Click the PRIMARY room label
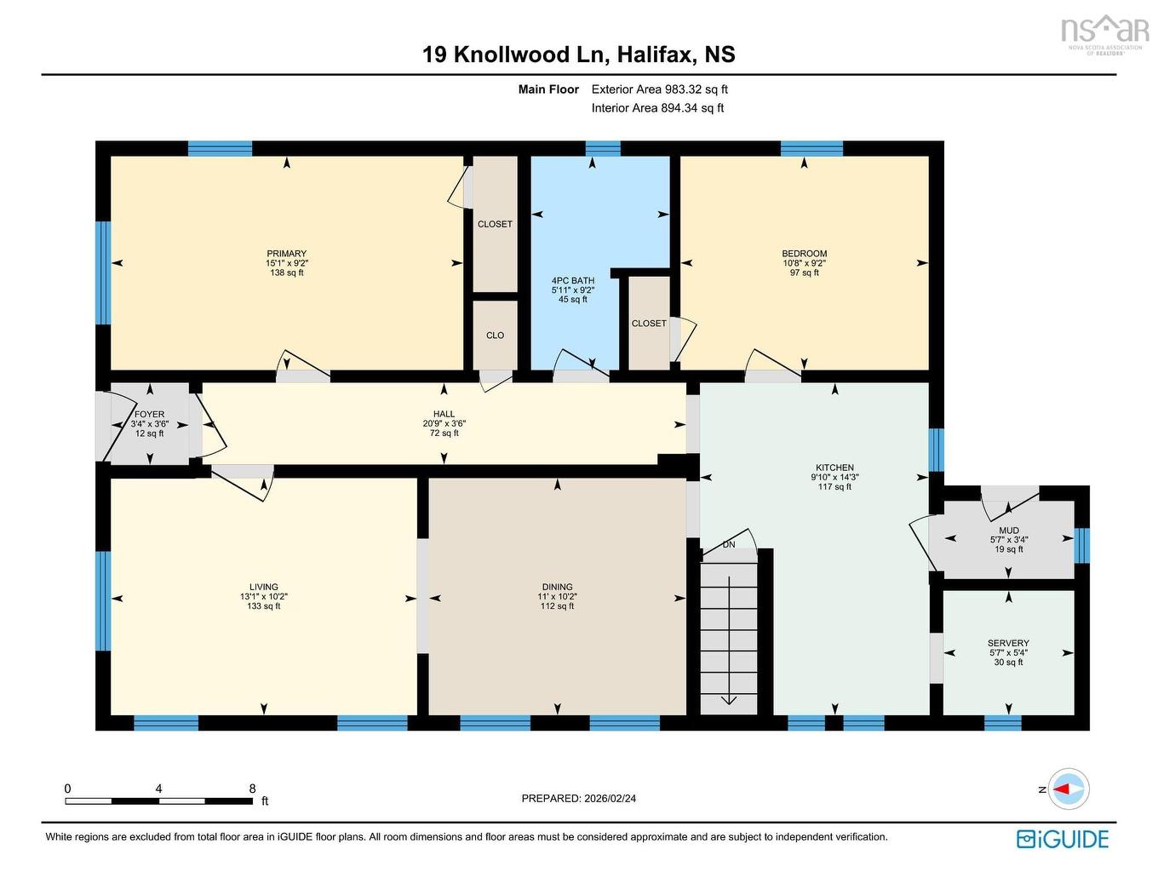[x=286, y=254]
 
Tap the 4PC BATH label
[x=572, y=281]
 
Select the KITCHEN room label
[x=834, y=468]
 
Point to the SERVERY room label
[x=1008, y=643]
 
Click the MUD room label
[x=1009, y=531]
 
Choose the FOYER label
[x=149, y=415]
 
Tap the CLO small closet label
[x=495, y=336]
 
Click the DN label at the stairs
[x=729, y=545]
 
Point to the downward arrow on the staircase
[x=729, y=699]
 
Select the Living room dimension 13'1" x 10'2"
[x=263, y=597]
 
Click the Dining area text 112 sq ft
[x=557, y=606]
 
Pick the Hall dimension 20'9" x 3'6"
[x=444, y=423]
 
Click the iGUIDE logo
[x=1063, y=839]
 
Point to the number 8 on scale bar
[x=252, y=789]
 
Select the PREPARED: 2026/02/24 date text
[x=579, y=799]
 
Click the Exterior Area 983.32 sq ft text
[x=659, y=89]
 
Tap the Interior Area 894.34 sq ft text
[x=657, y=108]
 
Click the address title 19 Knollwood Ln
[x=513, y=55]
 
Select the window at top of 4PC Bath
[x=603, y=149]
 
